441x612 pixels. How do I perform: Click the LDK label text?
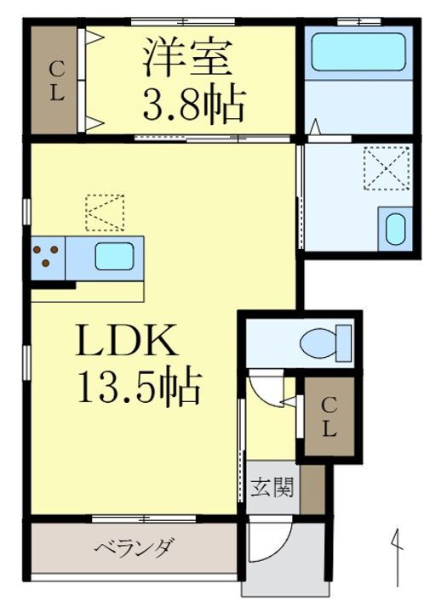(127, 343)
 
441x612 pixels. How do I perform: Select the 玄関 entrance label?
(272, 488)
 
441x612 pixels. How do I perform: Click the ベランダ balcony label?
(135, 547)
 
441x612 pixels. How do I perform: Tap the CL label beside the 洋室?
(56, 82)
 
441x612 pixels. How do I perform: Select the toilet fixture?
(324, 342)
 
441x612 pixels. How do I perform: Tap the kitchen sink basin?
(113, 256)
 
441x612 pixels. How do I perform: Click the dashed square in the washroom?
(387, 167)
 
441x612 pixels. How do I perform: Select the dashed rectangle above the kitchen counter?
(104, 212)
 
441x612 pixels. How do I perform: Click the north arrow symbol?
(396, 557)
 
